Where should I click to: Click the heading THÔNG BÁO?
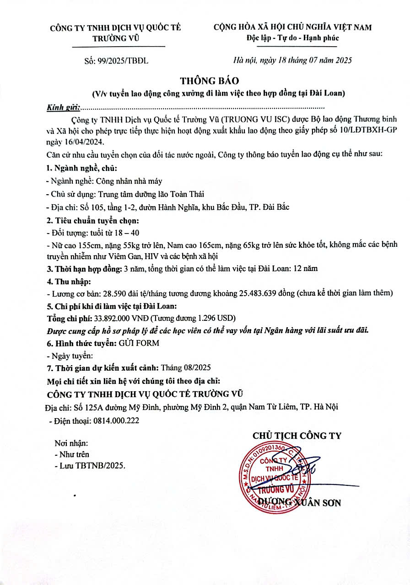(210, 80)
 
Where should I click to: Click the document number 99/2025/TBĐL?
(124, 60)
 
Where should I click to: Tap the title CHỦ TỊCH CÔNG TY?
(297, 435)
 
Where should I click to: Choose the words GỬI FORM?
(139, 343)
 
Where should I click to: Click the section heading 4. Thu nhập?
(69, 281)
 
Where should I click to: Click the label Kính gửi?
(63, 108)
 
